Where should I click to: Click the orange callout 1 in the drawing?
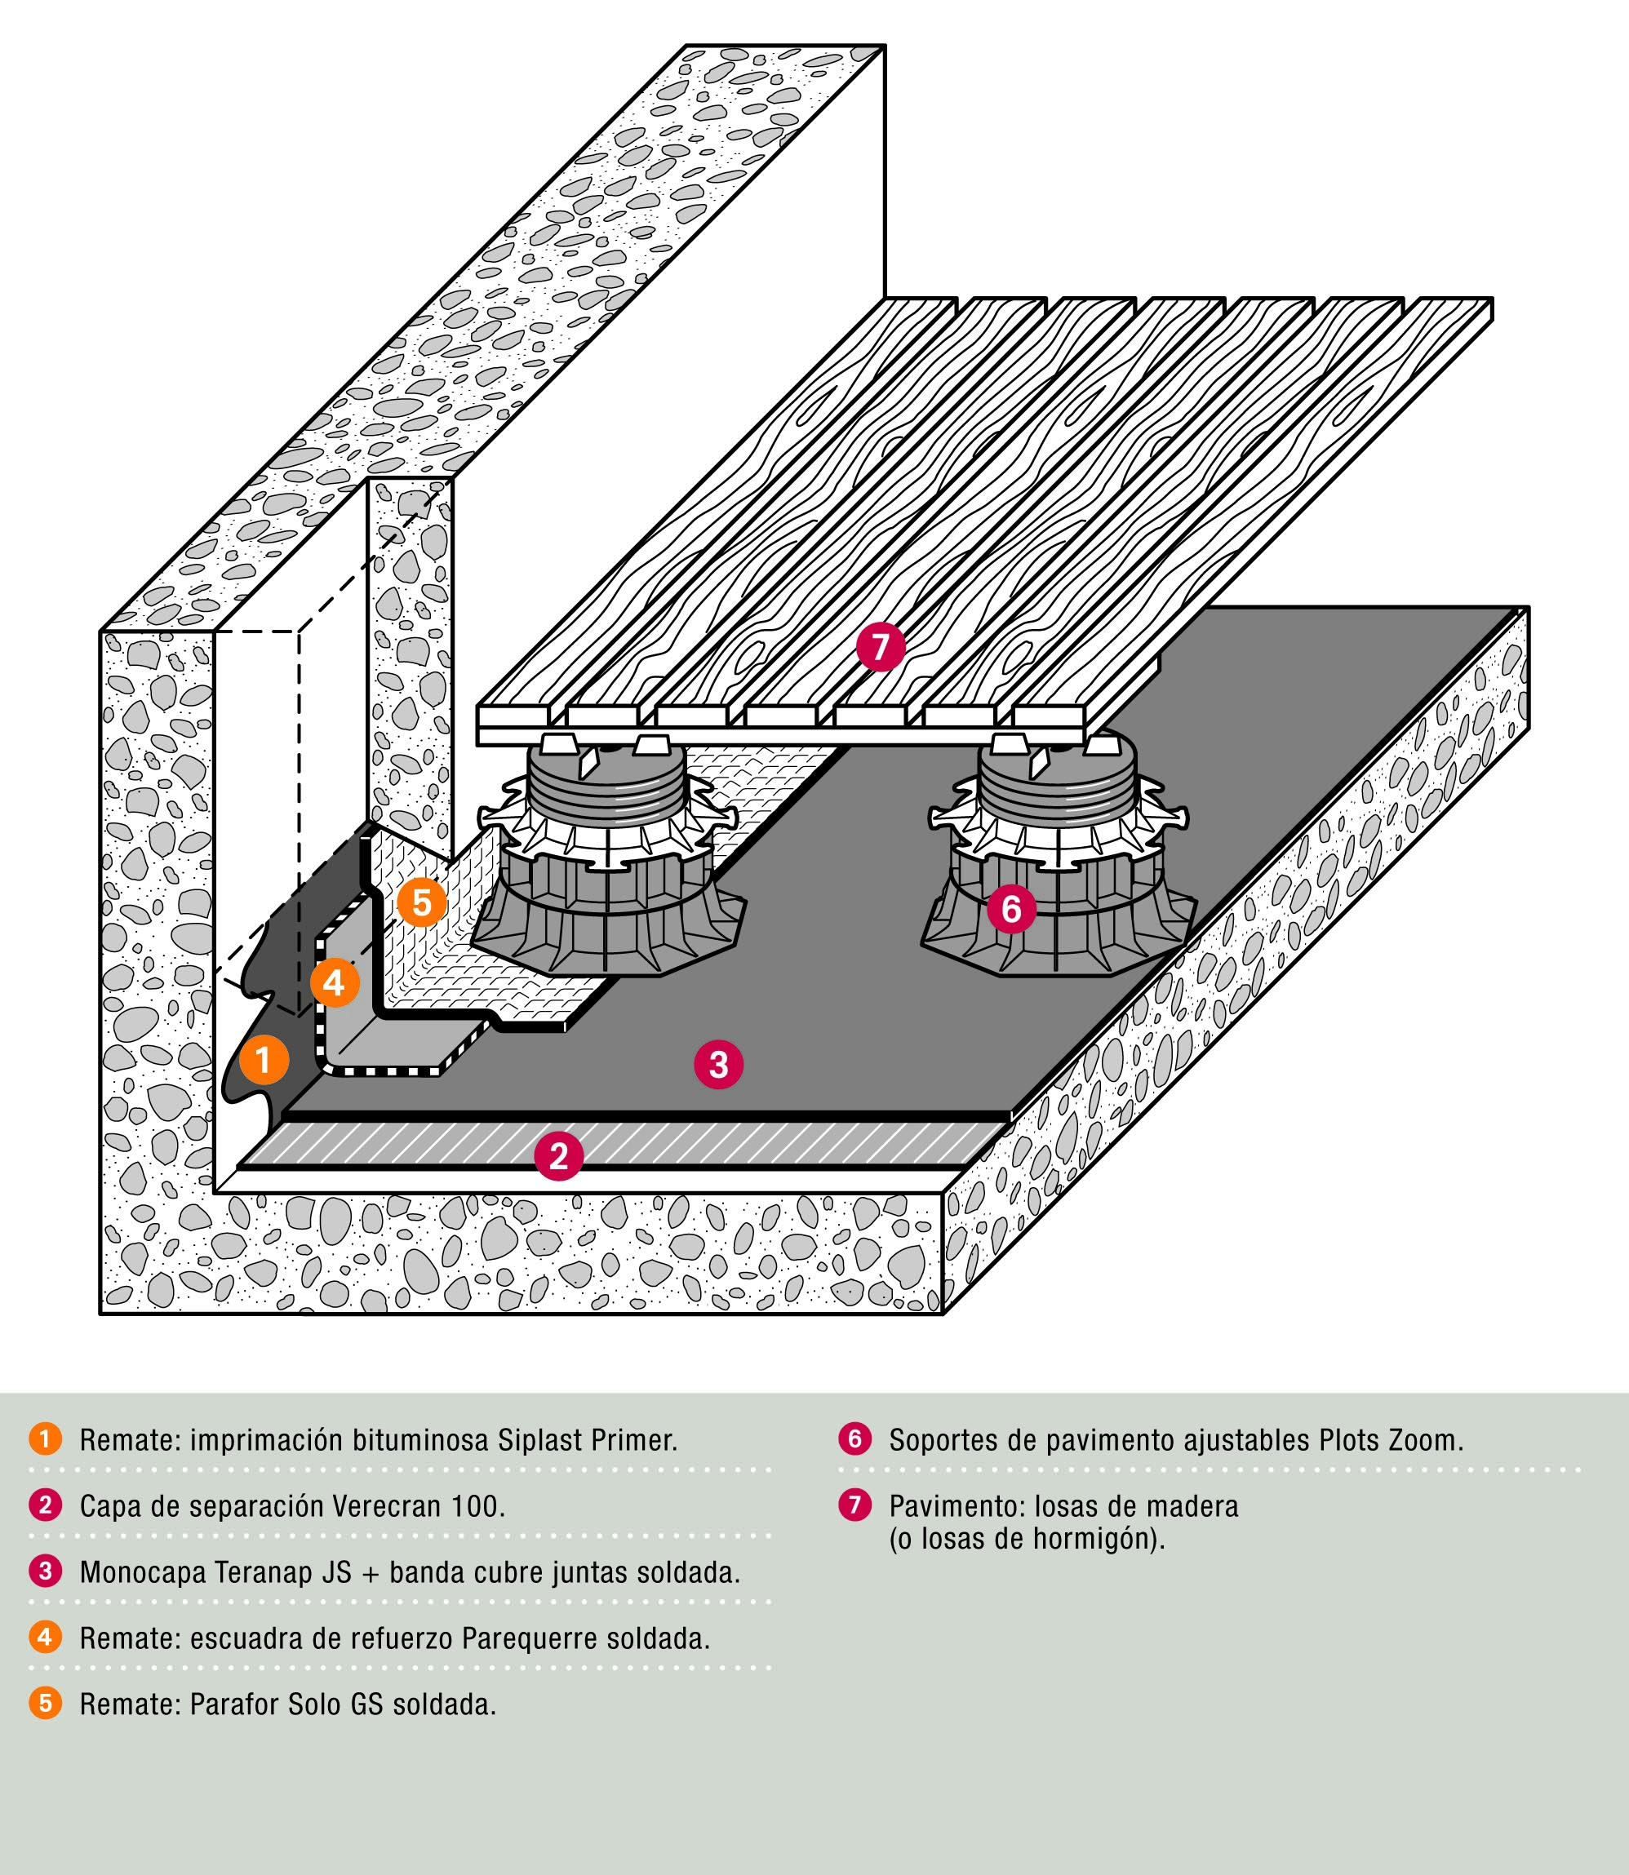(x=264, y=1060)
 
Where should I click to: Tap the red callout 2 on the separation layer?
(x=558, y=1155)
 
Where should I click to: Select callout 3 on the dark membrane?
(x=718, y=1063)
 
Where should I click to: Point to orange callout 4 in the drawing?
(x=335, y=982)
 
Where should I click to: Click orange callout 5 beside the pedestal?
(x=422, y=902)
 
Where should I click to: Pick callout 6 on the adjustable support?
(x=1011, y=908)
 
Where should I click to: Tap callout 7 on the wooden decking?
(x=880, y=647)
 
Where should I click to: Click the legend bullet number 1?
(x=45, y=1439)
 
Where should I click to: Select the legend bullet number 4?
(x=45, y=1638)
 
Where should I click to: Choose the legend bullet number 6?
(x=854, y=1439)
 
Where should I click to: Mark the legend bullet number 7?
(x=854, y=1505)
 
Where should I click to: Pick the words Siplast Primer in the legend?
(x=588, y=1442)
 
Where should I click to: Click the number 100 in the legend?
(x=477, y=1507)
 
